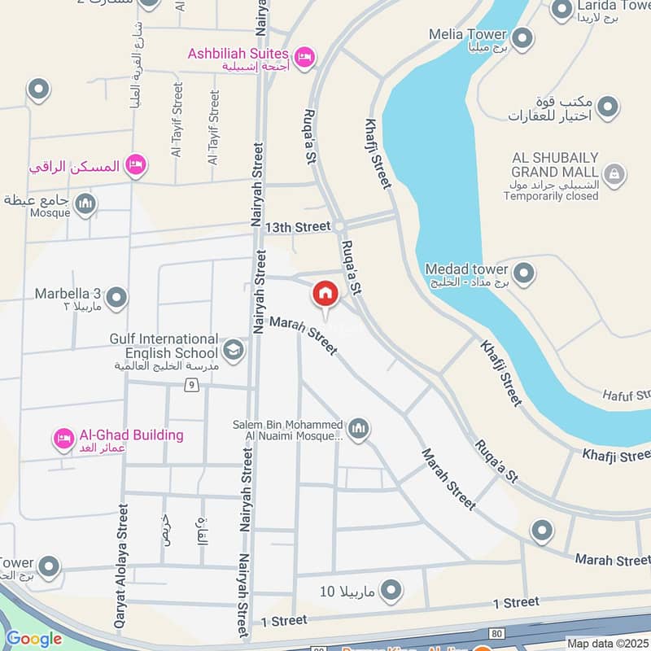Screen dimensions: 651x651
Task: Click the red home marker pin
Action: click(325, 294)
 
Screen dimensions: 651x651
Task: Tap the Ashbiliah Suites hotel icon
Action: click(305, 56)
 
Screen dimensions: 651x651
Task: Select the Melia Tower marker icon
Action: click(522, 37)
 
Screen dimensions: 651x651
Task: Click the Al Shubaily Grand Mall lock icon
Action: click(614, 173)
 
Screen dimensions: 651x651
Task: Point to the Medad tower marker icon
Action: click(523, 273)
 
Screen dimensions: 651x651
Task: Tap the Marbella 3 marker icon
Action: click(116, 297)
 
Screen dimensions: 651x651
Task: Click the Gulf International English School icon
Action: click(233, 350)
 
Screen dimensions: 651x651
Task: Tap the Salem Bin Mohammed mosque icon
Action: click(358, 427)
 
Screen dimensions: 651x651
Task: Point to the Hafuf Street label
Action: click(623, 395)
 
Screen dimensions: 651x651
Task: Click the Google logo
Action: click(34, 639)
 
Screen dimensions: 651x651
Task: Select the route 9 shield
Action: click(192, 385)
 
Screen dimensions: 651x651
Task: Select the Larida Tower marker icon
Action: click(561, 10)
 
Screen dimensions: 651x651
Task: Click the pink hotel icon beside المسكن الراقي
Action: click(137, 165)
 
